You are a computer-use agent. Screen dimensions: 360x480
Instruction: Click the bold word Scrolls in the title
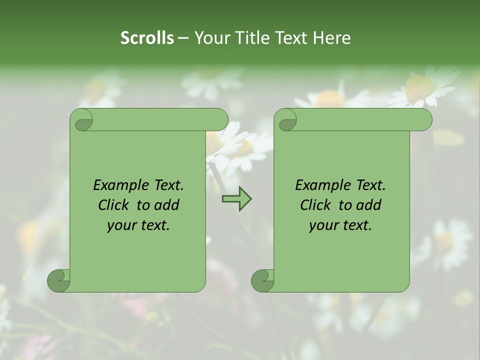147,38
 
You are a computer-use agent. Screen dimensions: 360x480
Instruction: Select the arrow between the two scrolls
236,199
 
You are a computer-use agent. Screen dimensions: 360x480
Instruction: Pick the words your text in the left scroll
138,225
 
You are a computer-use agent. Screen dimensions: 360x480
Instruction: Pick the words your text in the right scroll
340,225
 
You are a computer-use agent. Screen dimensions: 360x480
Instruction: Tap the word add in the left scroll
167,205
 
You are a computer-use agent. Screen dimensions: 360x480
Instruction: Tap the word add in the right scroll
369,205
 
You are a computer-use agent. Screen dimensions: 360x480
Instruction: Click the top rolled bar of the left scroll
160,120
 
